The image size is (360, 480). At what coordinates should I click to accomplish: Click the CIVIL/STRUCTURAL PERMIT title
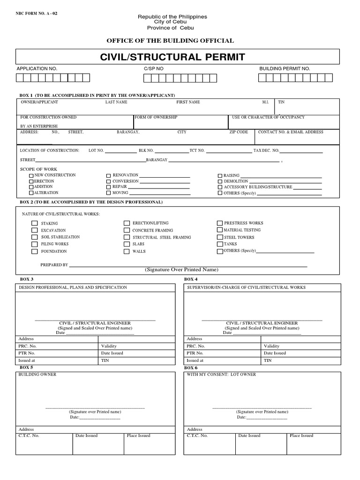point(179,58)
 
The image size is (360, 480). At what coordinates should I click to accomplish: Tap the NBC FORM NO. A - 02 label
point(37,14)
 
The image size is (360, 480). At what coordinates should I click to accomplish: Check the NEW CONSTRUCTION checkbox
point(31,175)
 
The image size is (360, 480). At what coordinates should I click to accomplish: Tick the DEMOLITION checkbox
point(220,181)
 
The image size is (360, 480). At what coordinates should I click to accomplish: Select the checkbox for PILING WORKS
point(34,244)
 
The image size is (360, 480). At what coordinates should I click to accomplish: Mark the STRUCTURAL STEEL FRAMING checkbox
point(127,238)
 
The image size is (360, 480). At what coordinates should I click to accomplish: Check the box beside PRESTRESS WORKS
point(220,224)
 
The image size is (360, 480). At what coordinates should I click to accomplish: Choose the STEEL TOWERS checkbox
point(220,238)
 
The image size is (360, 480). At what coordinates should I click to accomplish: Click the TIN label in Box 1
point(281,102)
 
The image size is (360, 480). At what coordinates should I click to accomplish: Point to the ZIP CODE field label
point(239,132)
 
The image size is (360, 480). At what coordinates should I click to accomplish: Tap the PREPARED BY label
point(54,265)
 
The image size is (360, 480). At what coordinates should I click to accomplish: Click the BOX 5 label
point(26,367)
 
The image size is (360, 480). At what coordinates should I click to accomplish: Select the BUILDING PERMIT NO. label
point(285,68)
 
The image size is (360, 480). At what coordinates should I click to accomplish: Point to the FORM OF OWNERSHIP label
point(156,117)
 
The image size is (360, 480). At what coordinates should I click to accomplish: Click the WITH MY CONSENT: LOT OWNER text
point(221,375)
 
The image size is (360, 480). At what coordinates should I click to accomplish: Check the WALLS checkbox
point(127,252)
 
